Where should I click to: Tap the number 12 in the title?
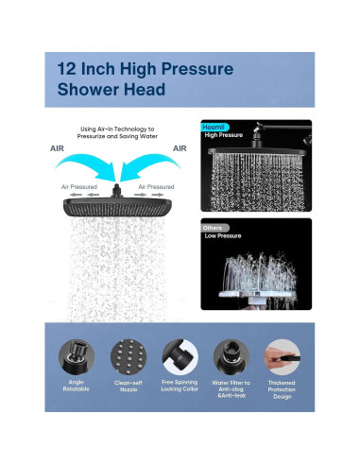(x=66, y=69)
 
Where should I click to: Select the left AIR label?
(x=57, y=148)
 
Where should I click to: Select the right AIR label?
(x=180, y=148)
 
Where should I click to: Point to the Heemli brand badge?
(x=214, y=128)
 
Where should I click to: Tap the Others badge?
(x=214, y=228)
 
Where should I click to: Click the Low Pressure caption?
(x=223, y=236)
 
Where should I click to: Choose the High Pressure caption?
(x=224, y=135)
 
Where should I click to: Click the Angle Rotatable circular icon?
(x=77, y=357)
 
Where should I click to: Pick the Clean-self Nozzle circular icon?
(x=129, y=357)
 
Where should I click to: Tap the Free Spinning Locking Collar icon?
(x=180, y=357)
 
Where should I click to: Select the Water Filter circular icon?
(x=231, y=357)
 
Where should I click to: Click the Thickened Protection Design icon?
(x=283, y=357)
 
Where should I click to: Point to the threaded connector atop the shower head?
(x=116, y=191)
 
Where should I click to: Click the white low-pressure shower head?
(x=257, y=296)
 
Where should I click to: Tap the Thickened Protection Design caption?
(x=282, y=389)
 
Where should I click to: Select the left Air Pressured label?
(x=79, y=187)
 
